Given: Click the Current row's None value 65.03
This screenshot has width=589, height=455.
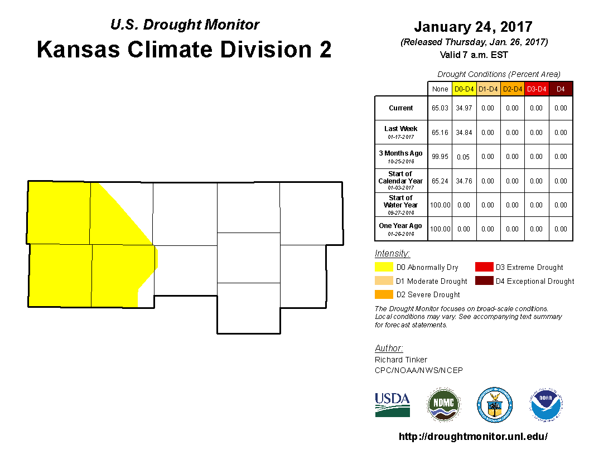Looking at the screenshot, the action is click(x=440, y=108).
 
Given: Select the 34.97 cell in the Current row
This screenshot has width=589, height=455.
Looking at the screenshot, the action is click(x=464, y=108).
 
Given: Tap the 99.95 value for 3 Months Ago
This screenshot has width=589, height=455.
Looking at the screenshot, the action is click(x=440, y=157).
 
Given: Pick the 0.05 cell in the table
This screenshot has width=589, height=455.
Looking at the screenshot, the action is click(x=463, y=157).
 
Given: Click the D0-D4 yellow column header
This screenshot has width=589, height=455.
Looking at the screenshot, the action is click(x=464, y=89).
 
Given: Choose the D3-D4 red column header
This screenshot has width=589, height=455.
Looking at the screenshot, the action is click(x=537, y=89).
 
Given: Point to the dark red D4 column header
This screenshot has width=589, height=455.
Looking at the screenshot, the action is click(x=561, y=89).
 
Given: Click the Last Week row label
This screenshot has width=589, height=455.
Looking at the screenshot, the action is click(x=401, y=132).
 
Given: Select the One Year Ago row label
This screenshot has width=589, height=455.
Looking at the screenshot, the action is click(x=401, y=229).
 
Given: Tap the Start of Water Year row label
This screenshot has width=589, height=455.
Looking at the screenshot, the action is click(x=401, y=205).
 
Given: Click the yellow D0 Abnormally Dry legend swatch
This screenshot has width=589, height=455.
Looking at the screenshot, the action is click(x=384, y=267).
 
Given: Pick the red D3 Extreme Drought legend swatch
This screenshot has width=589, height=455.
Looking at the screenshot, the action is click(x=484, y=267).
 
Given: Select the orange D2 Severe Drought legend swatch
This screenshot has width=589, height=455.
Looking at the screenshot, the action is click(x=384, y=294).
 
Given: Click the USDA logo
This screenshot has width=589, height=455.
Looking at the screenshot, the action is click(x=392, y=405).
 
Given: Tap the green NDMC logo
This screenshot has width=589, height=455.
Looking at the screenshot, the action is click(x=443, y=405).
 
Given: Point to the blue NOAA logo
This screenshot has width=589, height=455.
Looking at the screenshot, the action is click(x=546, y=405).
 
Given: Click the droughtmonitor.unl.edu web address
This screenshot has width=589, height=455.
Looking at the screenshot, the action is click(x=473, y=436).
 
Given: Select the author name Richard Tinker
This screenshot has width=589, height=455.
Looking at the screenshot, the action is click(x=401, y=360).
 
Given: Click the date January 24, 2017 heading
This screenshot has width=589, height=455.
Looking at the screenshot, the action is click(x=474, y=27).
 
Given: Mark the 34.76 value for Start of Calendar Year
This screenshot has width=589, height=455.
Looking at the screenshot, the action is click(x=464, y=181).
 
